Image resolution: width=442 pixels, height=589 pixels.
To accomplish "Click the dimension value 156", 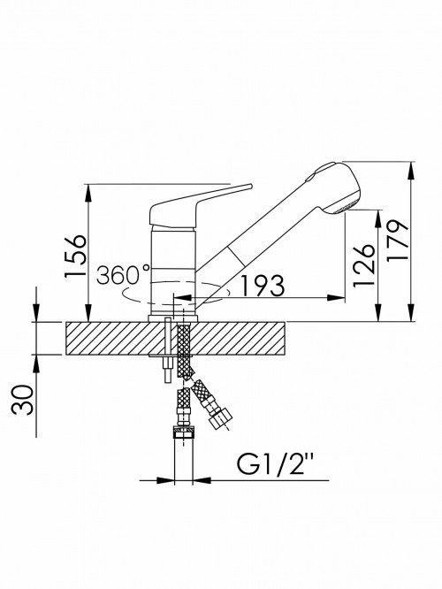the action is (x=76, y=256).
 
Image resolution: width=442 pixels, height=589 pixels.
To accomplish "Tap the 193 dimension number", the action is (x=262, y=286).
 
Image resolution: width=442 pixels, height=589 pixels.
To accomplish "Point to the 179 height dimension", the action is (x=397, y=241).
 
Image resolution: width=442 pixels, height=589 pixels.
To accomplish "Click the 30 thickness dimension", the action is (x=22, y=400).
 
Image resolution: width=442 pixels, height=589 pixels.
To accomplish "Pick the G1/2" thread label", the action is (x=276, y=464).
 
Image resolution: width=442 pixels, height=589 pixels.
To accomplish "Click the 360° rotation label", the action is (x=123, y=274).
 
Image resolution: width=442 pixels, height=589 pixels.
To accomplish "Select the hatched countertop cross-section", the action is (x=176, y=338).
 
